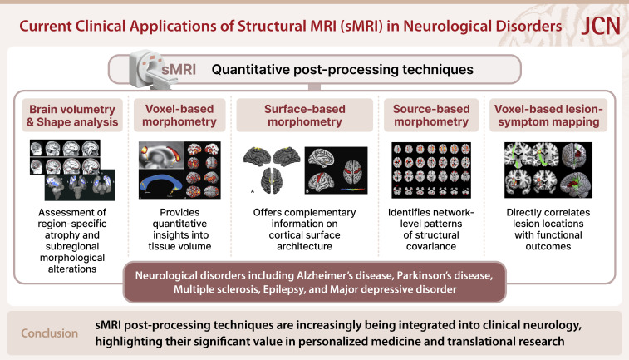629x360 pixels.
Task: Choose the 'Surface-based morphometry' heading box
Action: pyautogui.click(x=304, y=116)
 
